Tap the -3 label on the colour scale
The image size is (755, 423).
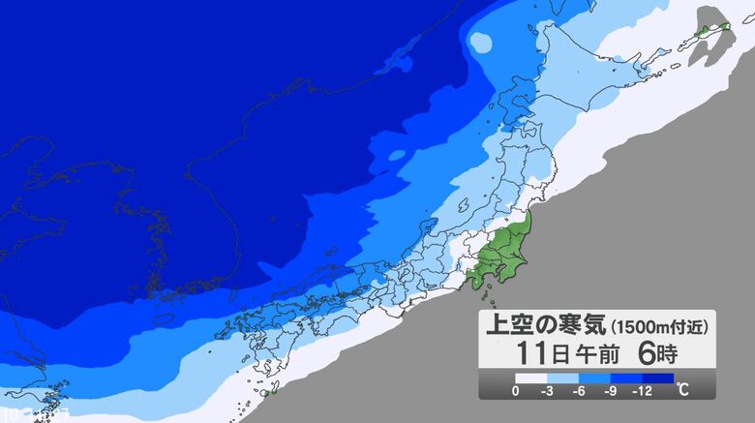point(548,390)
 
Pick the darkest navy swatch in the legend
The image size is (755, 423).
point(657,378)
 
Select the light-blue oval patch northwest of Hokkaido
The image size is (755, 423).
point(481,41)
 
